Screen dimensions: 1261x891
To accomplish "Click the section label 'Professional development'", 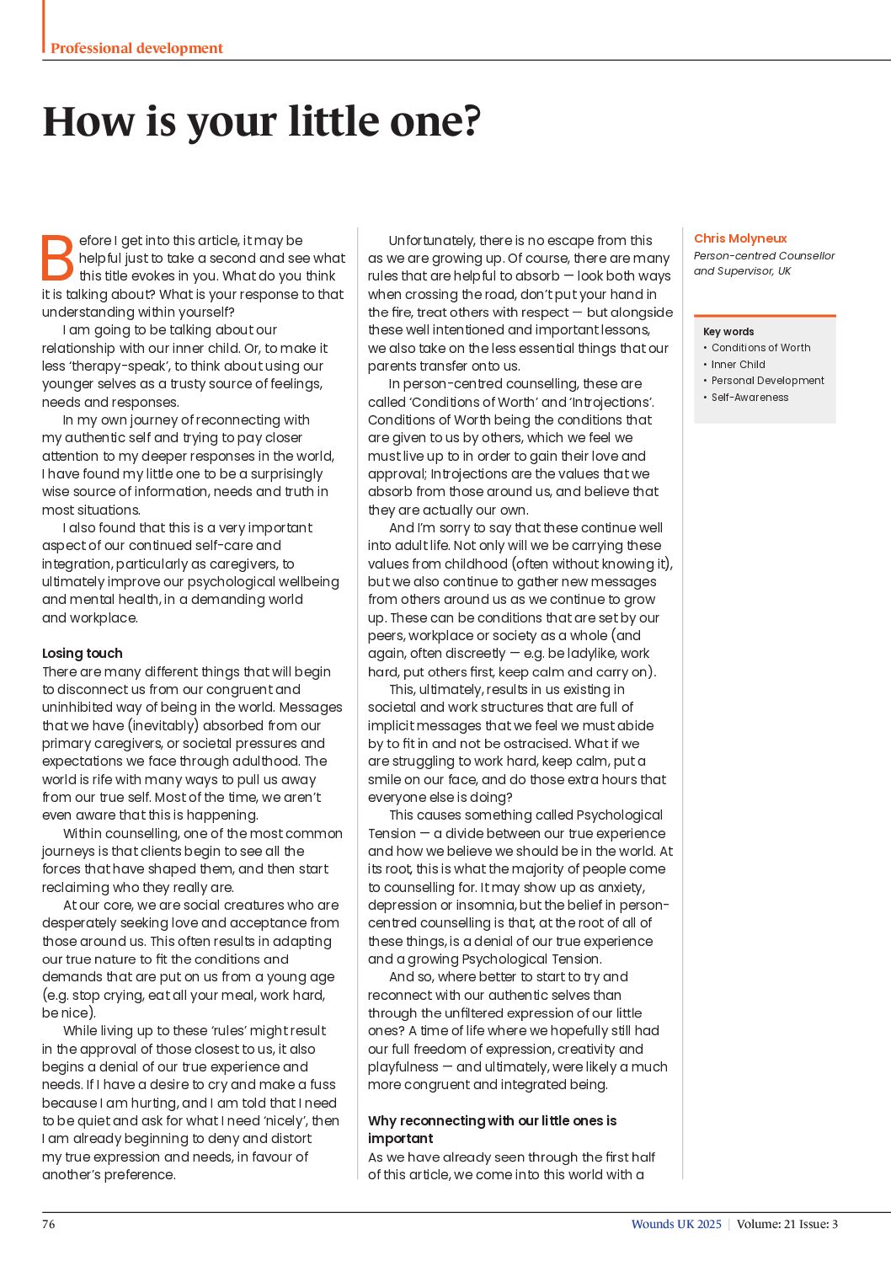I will [136, 48].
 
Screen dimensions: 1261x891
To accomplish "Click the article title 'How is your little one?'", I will [261, 121].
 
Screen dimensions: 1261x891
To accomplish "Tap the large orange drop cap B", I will [58, 258].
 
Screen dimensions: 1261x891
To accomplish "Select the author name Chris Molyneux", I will [740, 238].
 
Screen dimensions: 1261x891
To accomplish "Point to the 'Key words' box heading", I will [728, 332].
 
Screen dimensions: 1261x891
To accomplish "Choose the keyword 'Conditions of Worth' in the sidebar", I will [760, 348].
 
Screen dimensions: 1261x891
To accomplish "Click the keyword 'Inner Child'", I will [738, 365].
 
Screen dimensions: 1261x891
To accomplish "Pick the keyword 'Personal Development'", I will [767, 381].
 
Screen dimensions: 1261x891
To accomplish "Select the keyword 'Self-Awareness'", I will [750, 398].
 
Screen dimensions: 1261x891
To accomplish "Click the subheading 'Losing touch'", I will [83, 654].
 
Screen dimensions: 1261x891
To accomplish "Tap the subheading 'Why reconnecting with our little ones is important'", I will [492, 1130].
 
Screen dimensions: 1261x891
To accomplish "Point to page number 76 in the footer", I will [49, 1224].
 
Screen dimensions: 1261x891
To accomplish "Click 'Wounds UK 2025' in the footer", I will [676, 1224].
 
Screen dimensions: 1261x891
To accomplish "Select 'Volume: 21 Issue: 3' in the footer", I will [787, 1224].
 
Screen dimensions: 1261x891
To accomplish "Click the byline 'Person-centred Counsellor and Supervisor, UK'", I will [764, 264].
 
